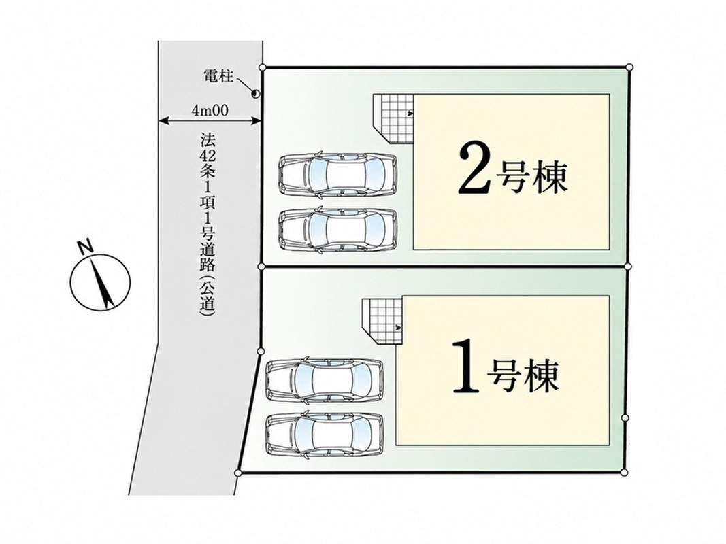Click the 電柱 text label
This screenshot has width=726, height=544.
218,76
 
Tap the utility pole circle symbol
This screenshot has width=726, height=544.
255,94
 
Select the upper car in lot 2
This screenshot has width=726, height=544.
338,174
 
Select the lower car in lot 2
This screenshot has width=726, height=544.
338,230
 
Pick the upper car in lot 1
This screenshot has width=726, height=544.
325,379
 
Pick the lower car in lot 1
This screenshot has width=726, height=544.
325,433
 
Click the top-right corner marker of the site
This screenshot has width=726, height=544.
629,67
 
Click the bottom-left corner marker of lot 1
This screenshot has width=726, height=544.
238,473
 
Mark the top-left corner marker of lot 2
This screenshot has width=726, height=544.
263,67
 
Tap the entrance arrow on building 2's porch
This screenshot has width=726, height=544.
410,112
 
